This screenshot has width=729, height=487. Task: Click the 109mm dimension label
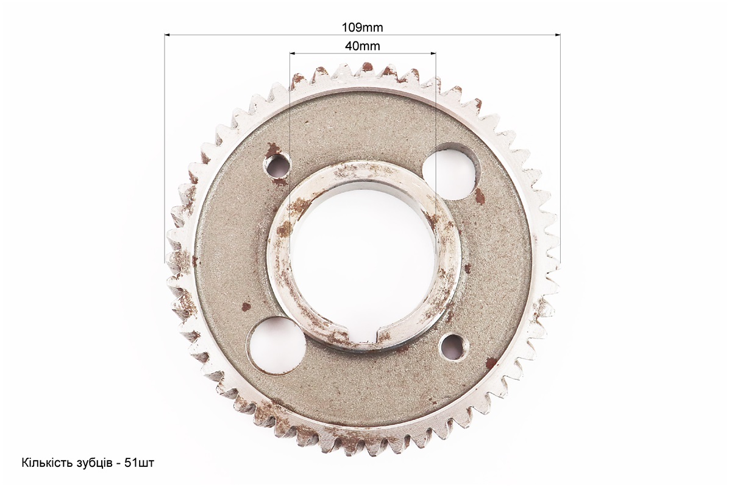(362, 27)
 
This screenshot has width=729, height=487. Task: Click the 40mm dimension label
(362, 46)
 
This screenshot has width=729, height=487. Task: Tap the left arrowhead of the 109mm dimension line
(168, 34)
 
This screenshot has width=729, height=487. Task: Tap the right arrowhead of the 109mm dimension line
(558, 34)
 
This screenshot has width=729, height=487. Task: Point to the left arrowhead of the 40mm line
(293, 54)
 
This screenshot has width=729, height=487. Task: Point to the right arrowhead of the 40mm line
(432, 54)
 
